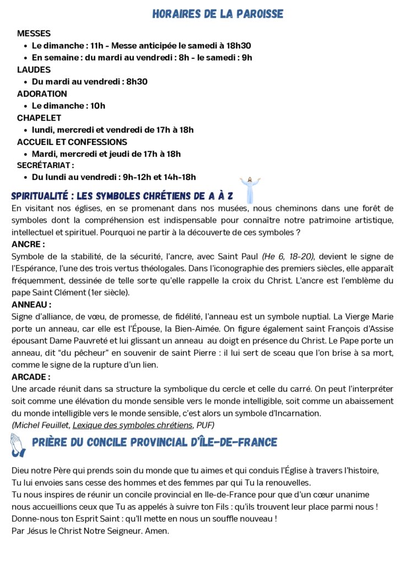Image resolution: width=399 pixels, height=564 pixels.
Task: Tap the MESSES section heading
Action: tap(34, 34)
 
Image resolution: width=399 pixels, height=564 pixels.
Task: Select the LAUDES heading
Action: tap(34, 70)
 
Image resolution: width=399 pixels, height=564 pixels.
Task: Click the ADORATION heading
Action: tap(42, 94)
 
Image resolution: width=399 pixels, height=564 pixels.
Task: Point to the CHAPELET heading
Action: tap(39, 118)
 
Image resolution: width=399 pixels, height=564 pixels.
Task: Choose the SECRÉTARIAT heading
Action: tap(45, 165)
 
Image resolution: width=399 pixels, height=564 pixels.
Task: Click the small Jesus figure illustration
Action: tap(250, 189)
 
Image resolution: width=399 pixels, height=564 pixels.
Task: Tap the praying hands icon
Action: tap(18, 444)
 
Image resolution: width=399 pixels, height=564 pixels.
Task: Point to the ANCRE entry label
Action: tap(28, 244)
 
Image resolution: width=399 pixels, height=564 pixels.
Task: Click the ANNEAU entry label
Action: tap(31, 304)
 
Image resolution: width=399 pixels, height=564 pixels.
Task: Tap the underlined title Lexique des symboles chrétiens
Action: tap(133, 425)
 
